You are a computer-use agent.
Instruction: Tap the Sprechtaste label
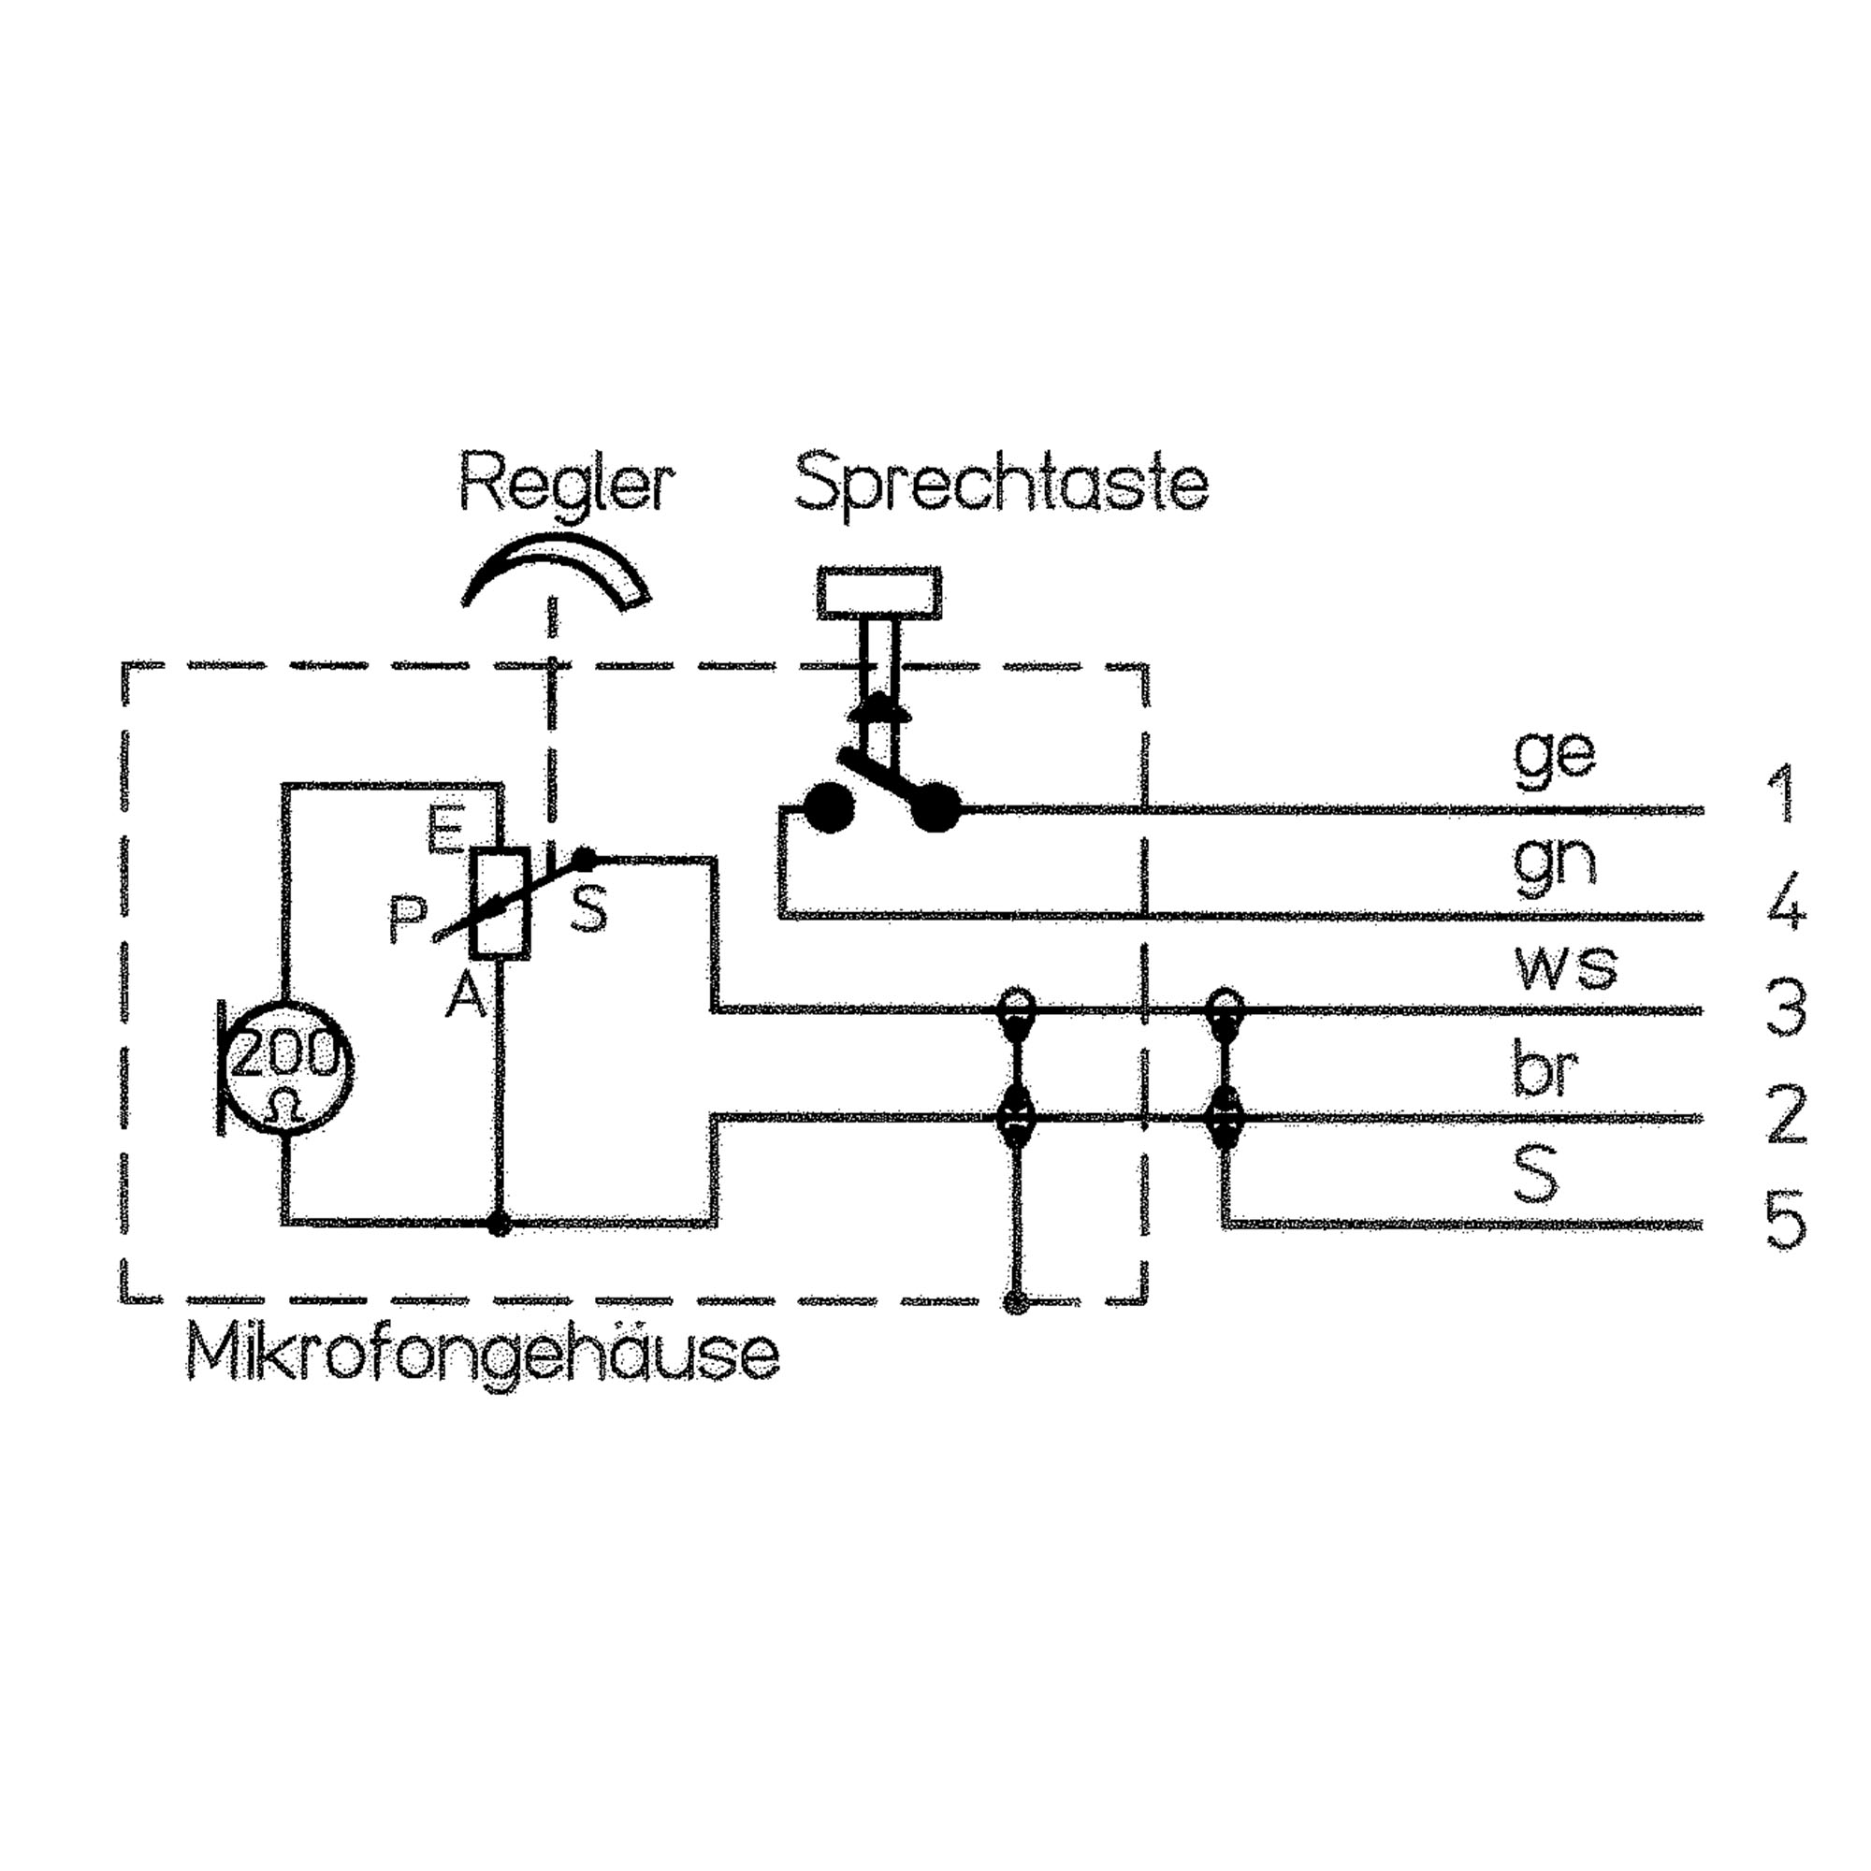[1001, 485]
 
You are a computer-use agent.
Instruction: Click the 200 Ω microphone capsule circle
[286, 1066]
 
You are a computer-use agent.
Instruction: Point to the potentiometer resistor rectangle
[500, 903]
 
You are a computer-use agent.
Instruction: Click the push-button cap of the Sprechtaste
[879, 592]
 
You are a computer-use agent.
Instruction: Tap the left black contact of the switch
[829, 806]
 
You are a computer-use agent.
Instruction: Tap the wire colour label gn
[1553, 862]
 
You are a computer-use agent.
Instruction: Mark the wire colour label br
[1545, 1070]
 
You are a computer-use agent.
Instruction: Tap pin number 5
[1785, 1221]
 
